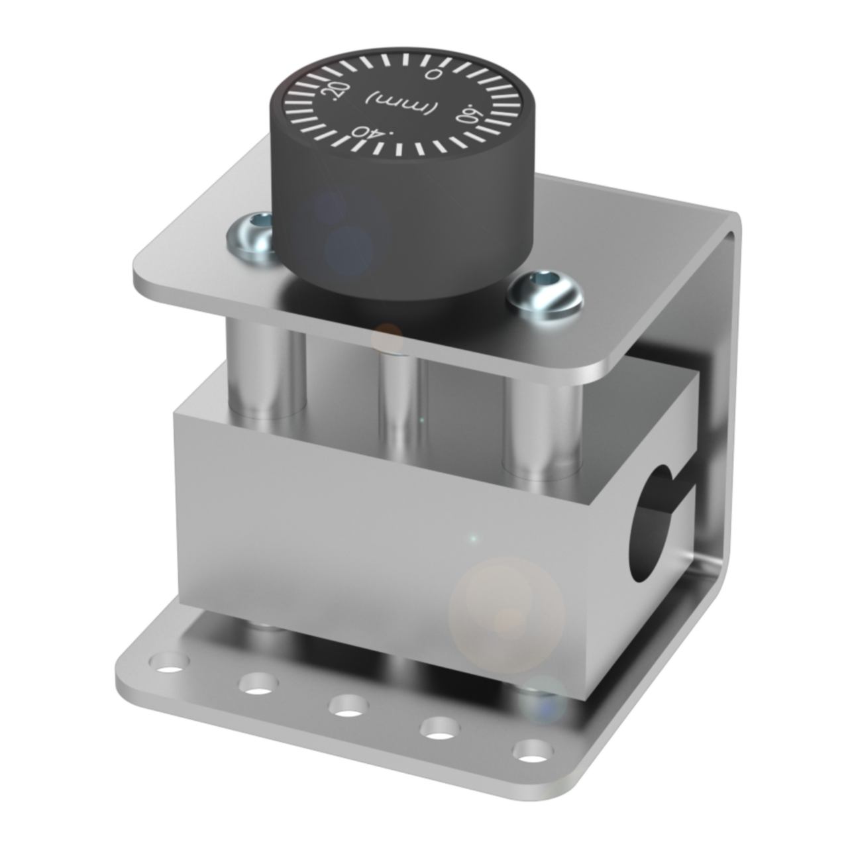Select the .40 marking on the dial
(x=370, y=131)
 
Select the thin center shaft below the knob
(x=402, y=397)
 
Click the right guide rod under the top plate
(x=543, y=424)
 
